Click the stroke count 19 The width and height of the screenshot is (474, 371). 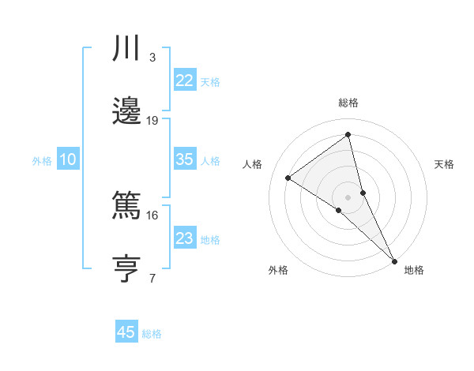tap(152, 121)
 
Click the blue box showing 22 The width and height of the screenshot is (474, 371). tap(184, 80)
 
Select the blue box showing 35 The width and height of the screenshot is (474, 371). tap(184, 159)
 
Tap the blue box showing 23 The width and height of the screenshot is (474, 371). tap(184, 238)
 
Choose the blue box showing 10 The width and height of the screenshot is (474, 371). tap(68, 159)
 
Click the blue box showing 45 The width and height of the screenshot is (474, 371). tap(126, 332)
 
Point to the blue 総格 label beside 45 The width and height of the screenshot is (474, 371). tap(152, 334)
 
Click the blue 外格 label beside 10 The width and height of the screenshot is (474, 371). tap(42, 161)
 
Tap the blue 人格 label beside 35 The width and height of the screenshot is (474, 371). tap(210, 161)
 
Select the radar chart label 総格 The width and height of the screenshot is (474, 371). tap(348, 103)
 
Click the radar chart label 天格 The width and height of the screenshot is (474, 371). tap(444, 164)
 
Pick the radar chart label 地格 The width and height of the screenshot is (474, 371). tap(414, 271)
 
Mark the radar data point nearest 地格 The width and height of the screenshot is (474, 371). tap(394, 260)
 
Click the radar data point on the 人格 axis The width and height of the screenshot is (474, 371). tap(288, 178)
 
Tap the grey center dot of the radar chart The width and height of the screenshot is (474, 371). tap(348, 197)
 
